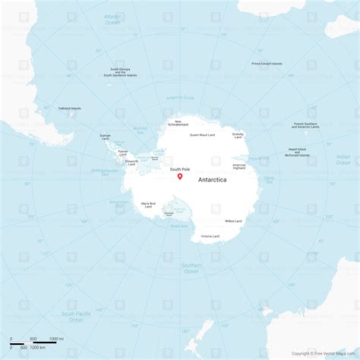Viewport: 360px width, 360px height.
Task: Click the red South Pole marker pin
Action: click(x=180, y=177)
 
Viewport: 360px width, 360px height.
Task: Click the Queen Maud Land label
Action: click(x=202, y=135)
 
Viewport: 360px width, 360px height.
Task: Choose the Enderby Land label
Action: click(x=238, y=135)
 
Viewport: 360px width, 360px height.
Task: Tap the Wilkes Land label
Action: click(x=233, y=221)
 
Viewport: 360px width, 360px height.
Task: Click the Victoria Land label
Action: click(x=210, y=237)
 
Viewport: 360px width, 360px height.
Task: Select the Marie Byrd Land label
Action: click(x=148, y=204)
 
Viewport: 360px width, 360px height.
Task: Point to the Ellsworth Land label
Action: click(x=132, y=162)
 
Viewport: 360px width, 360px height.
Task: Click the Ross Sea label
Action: click(x=178, y=226)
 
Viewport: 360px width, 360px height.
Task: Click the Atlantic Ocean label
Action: click(x=112, y=20)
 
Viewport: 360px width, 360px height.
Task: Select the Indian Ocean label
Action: click(x=343, y=159)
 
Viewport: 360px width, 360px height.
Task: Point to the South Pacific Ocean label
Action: click(x=77, y=315)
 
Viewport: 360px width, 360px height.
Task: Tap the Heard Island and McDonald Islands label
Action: click(x=297, y=152)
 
